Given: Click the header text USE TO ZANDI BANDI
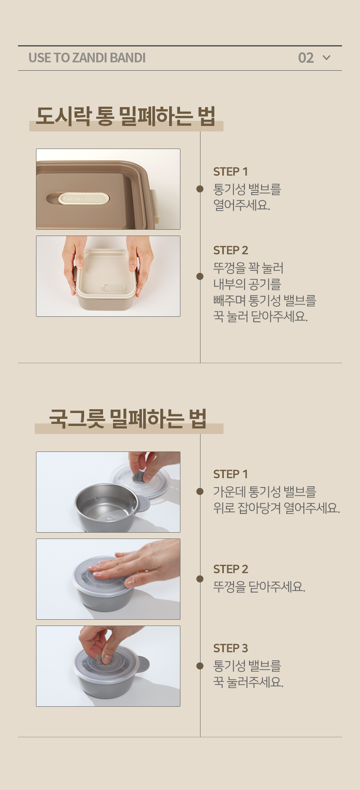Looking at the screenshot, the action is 87,58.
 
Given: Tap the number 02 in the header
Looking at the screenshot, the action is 306,58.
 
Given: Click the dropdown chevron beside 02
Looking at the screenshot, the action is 327,58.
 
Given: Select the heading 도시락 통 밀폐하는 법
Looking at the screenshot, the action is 126,116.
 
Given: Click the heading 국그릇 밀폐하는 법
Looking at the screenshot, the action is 128,418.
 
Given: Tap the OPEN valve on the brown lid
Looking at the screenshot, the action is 84,198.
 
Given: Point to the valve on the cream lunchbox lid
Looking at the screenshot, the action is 114,288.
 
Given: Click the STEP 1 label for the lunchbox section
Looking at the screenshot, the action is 231,172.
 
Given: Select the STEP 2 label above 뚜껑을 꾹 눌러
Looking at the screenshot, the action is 231,250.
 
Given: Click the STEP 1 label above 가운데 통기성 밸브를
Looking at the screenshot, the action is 231,474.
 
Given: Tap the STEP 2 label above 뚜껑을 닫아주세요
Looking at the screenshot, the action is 231,569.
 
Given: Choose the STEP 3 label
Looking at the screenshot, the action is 231,648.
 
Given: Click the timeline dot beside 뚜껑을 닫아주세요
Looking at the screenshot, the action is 200,579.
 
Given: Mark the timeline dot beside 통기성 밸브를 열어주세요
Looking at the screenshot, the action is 200,189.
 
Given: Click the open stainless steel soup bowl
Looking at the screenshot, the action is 107,508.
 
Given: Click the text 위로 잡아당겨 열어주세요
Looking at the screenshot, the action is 276,508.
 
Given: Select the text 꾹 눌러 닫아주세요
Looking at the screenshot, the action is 260,316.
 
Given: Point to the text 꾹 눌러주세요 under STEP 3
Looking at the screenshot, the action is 249,682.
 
